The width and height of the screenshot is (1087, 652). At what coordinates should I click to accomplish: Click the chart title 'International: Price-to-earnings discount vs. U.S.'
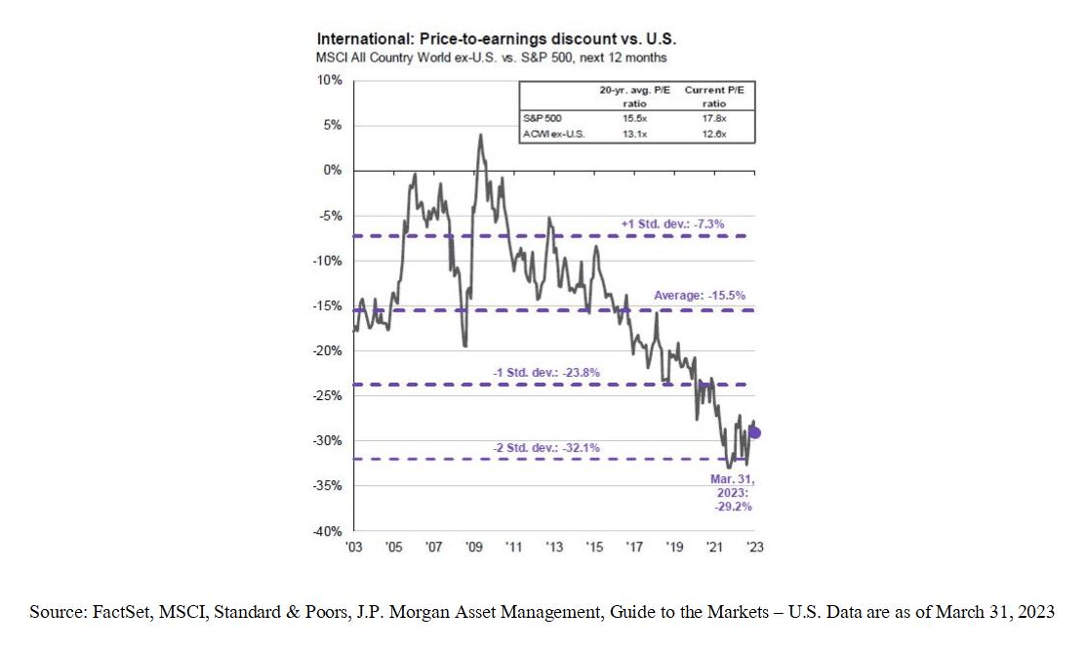point(497,40)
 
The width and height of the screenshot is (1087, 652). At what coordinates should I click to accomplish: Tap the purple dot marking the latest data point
point(754,432)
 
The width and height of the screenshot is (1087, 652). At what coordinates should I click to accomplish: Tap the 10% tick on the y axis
point(331,80)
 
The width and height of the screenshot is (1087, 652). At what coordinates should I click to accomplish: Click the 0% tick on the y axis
point(334,170)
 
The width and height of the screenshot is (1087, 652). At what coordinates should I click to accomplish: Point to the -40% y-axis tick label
point(329,531)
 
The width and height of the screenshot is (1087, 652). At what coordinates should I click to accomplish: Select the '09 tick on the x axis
point(474,548)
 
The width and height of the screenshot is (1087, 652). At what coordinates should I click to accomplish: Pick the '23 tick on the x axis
point(754,548)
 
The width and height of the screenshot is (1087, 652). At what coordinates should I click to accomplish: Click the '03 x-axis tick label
point(354,548)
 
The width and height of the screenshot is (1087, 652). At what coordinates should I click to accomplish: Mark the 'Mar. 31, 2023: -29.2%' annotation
point(731,492)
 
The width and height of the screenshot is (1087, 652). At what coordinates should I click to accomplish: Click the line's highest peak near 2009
point(480,136)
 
